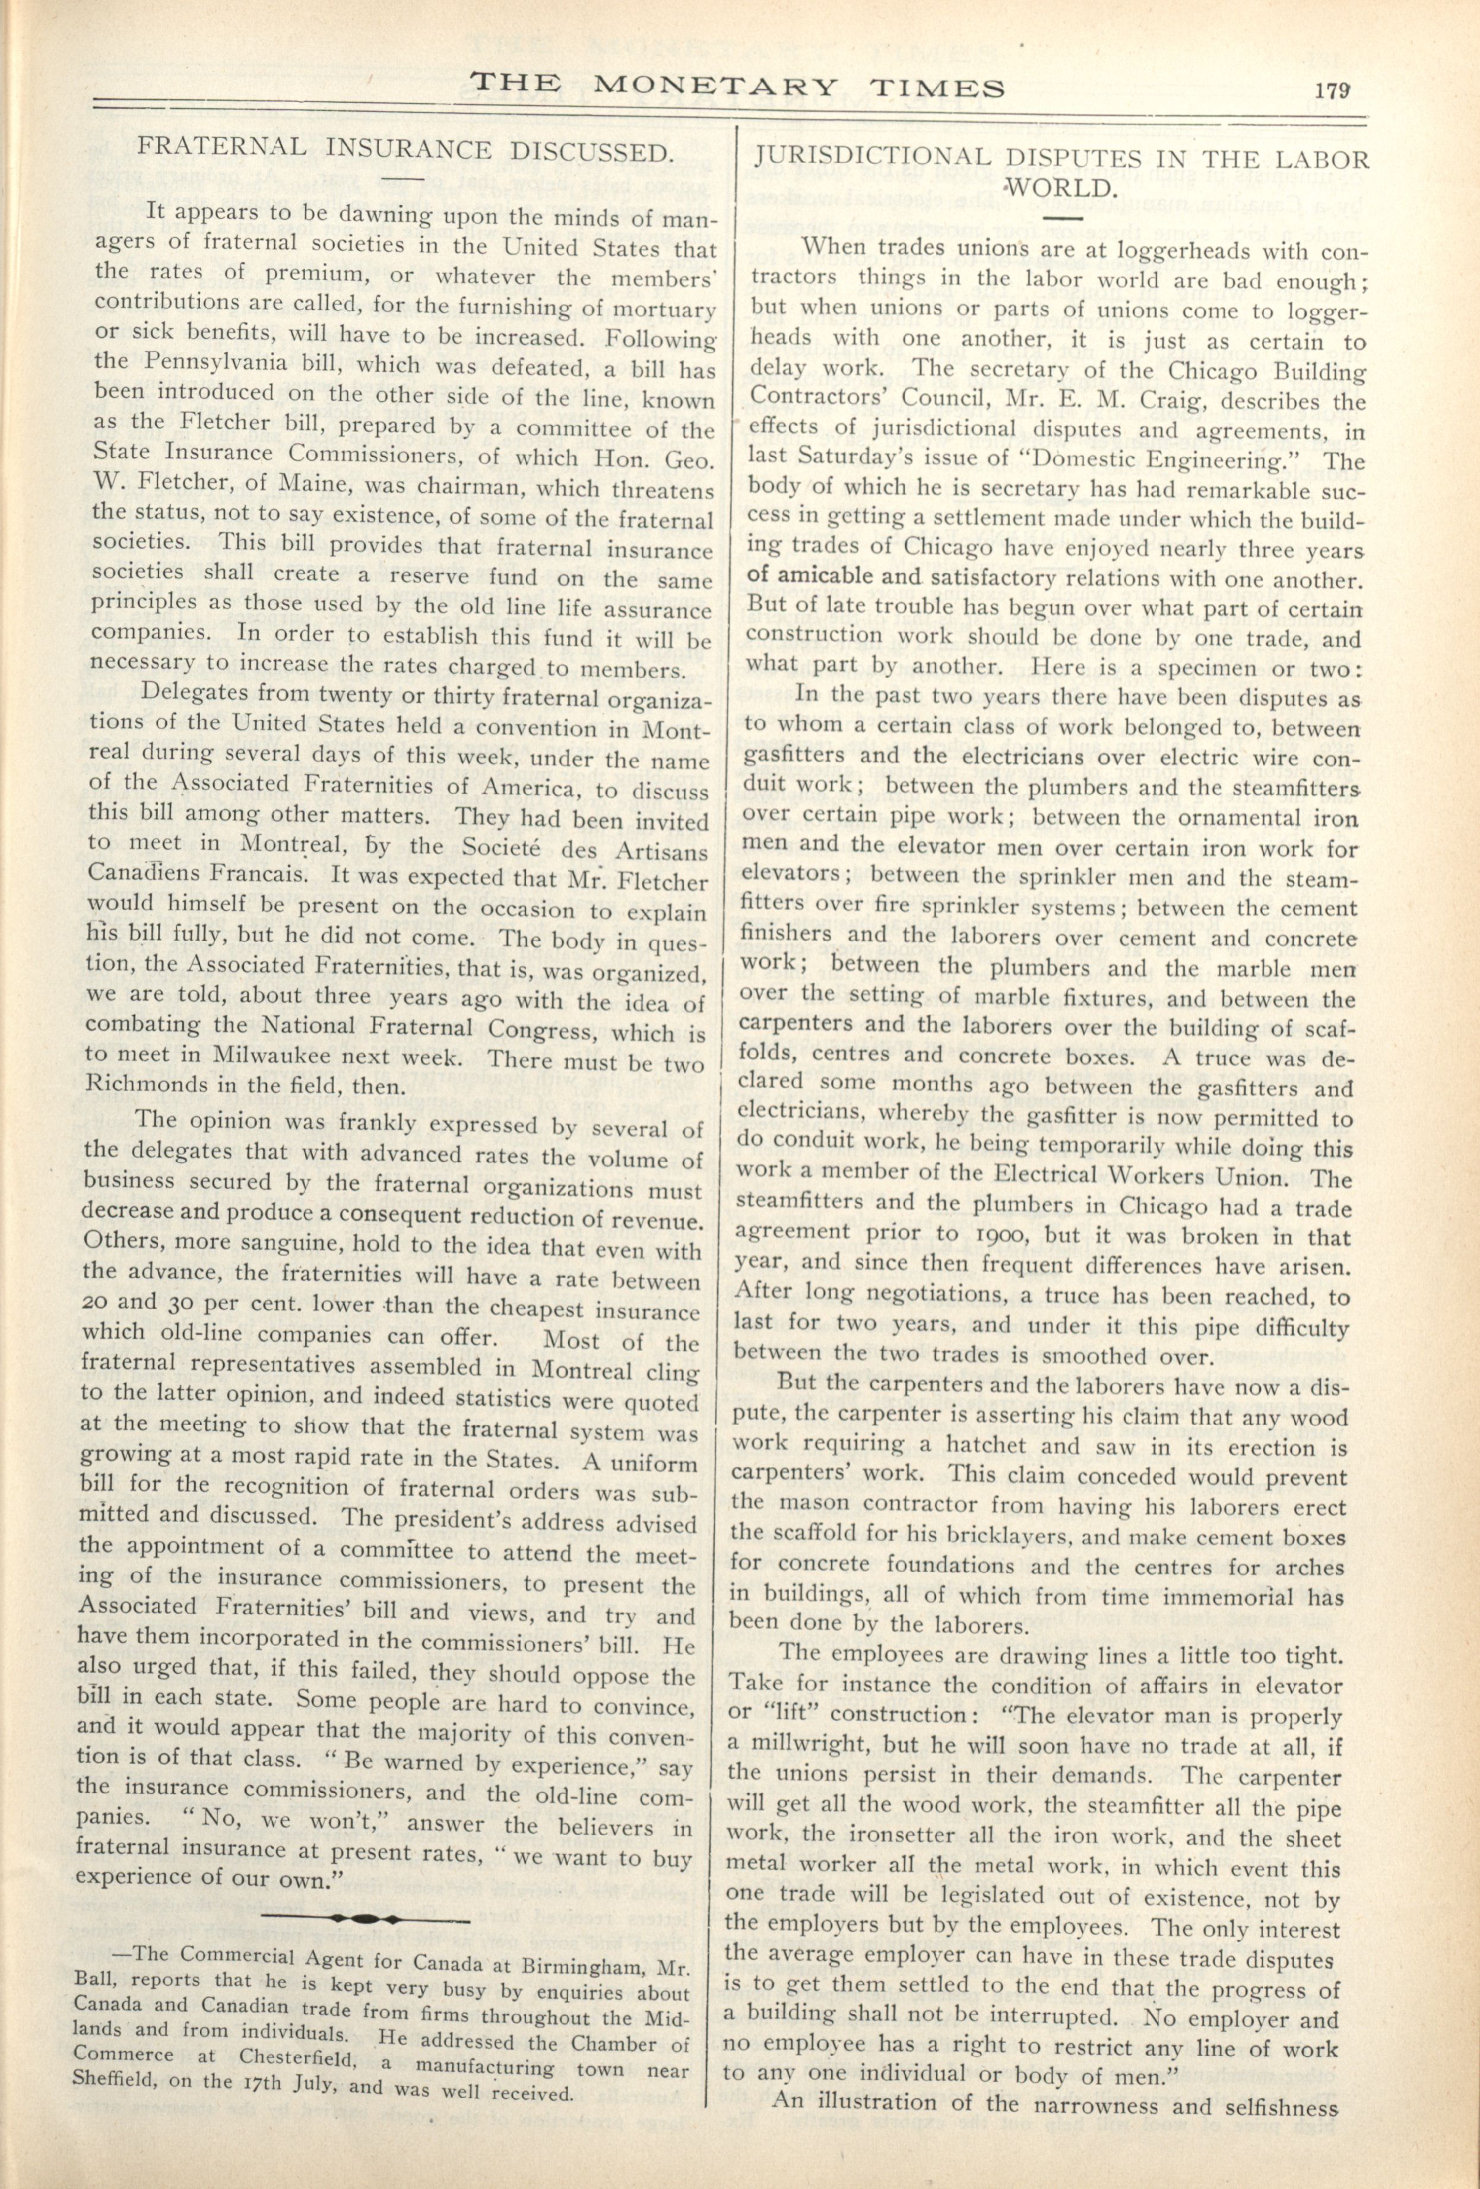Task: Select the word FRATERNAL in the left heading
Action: pyautogui.click(x=223, y=148)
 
